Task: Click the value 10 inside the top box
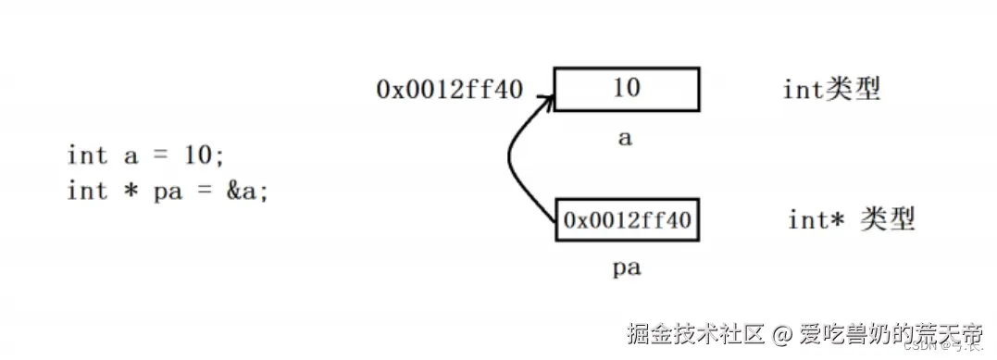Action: pyautogui.click(x=626, y=89)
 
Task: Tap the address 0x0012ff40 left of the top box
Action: pyautogui.click(x=449, y=89)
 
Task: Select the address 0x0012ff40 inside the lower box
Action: pyautogui.click(x=627, y=219)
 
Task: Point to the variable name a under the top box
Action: pyautogui.click(x=625, y=139)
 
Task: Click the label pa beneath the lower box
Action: pyautogui.click(x=627, y=268)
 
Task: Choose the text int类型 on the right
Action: pyautogui.click(x=830, y=89)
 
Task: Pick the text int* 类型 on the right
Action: pyautogui.click(x=851, y=219)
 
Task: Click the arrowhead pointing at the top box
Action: pyautogui.click(x=545, y=99)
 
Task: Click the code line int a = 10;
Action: pyautogui.click(x=145, y=155)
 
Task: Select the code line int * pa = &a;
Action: pyautogui.click(x=168, y=191)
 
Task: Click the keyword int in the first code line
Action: pyautogui.click(x=87, y=155)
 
